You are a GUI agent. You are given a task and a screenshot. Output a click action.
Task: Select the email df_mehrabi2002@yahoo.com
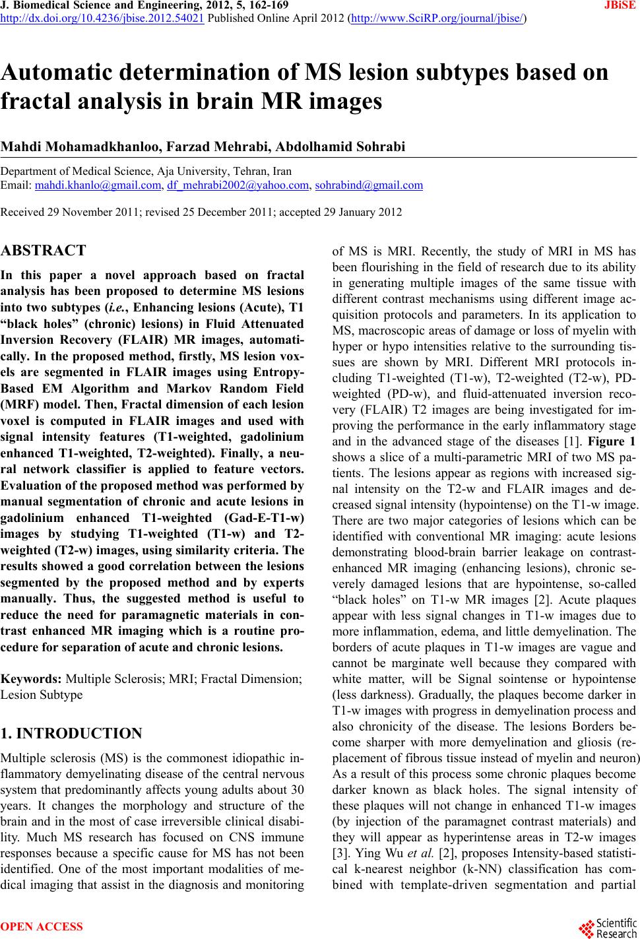pyautogui.click(x=238, y=185)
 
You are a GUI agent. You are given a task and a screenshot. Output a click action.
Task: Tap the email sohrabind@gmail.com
pyautogui.click(x=369, y=185)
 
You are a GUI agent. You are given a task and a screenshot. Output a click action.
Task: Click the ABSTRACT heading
pyautogui.click(x=44, y=251)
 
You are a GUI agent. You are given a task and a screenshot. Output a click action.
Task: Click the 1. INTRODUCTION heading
pyautogui.click(x=71, y=734)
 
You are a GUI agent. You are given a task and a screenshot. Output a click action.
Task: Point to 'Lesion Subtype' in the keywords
pyautogui.click(x=42, y=695)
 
